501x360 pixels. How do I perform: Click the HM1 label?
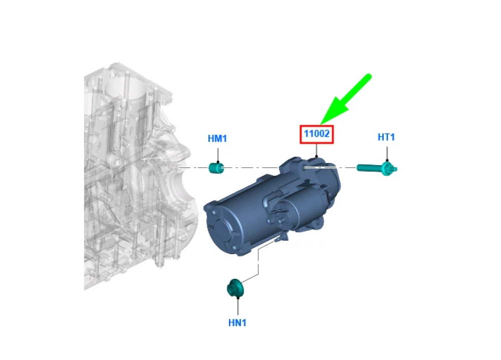pyautogui.click(x=217, y=138)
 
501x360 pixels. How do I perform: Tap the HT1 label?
pyautogui.click(x=386, y=137)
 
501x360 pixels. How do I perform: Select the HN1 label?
pyautogui.click(x=237, y=322)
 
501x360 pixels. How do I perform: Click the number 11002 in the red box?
pyautogui.click(x=317, y=134)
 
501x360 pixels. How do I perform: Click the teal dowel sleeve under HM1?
pyautogui.click(x=216, y=168)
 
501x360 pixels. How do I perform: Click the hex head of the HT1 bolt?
pyautogui.click(x=389, y=168)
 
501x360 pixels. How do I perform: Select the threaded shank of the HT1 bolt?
pyautogui.click(x=369, y=168)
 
